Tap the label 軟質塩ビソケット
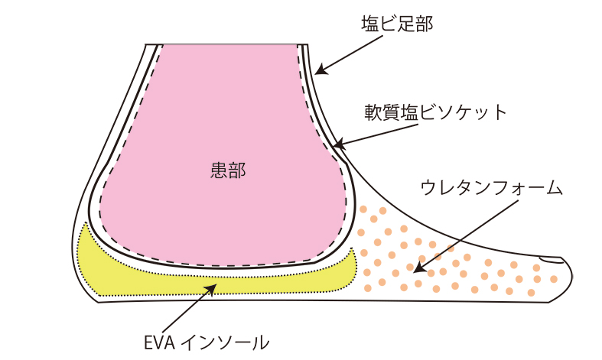tap(435, 112)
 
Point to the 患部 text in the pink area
tap(227, 170)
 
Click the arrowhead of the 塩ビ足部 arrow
tap(321, 72)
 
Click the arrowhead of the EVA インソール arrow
tap(210, 287)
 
